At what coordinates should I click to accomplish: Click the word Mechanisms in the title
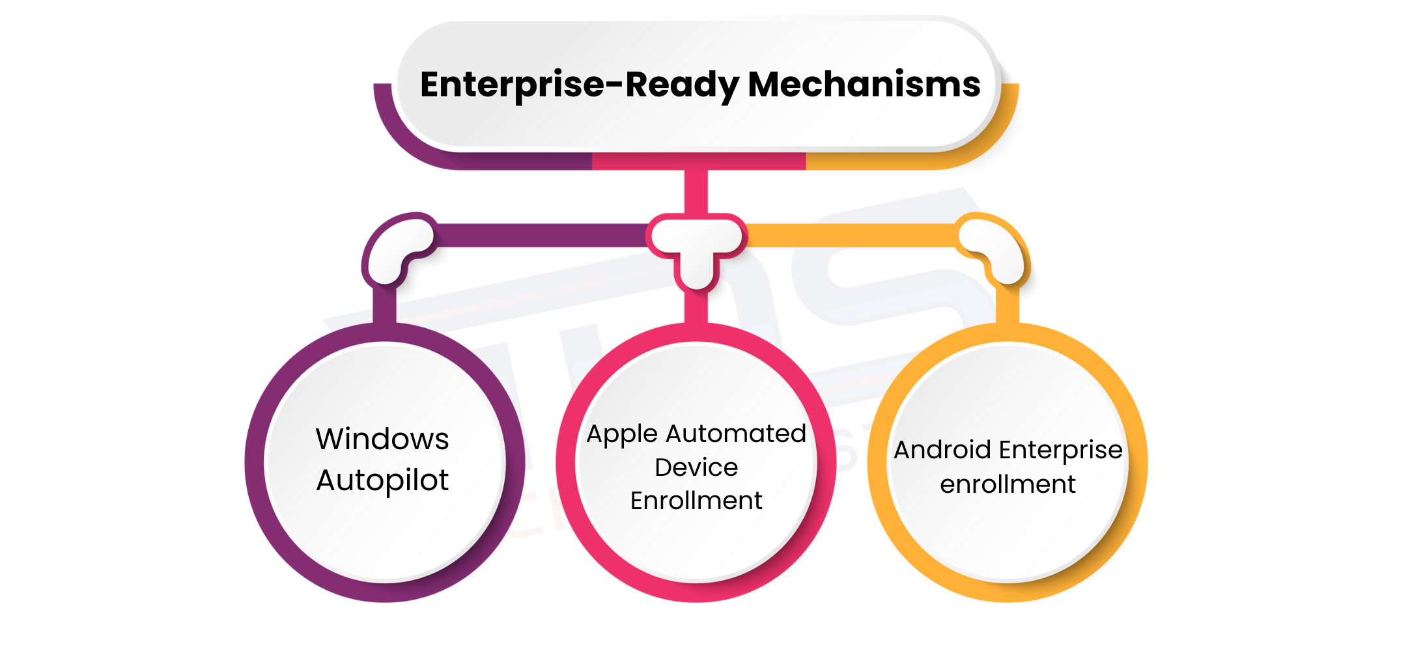pos(864,85)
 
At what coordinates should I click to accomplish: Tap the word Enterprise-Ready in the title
pos(579,85)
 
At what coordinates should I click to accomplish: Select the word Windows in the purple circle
pos(382,439)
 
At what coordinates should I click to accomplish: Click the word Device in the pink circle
pos(696,467)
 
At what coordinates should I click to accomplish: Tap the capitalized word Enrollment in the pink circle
pos(696,501)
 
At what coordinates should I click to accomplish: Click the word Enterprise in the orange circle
pos(1061,450)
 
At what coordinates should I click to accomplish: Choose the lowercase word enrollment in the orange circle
pos(1008,484)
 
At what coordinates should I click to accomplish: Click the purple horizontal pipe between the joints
pos(541,235)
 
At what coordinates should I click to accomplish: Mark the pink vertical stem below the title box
pos(696,191)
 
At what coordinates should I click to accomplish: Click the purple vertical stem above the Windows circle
pos(384,305)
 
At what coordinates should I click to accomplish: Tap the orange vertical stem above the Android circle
pos(1008,305)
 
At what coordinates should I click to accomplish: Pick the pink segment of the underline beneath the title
pos(698,161)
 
